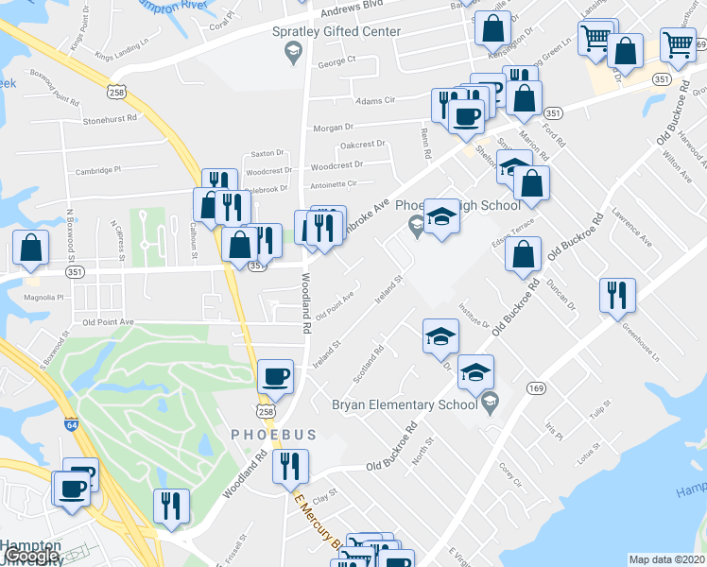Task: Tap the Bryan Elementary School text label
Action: [404, 404]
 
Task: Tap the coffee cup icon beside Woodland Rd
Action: [276, 376]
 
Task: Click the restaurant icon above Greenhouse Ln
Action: [617, 294]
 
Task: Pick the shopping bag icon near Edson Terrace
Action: [523, 253]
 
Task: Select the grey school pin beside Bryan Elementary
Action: [490, 404]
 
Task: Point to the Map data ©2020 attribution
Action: [666, 559]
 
